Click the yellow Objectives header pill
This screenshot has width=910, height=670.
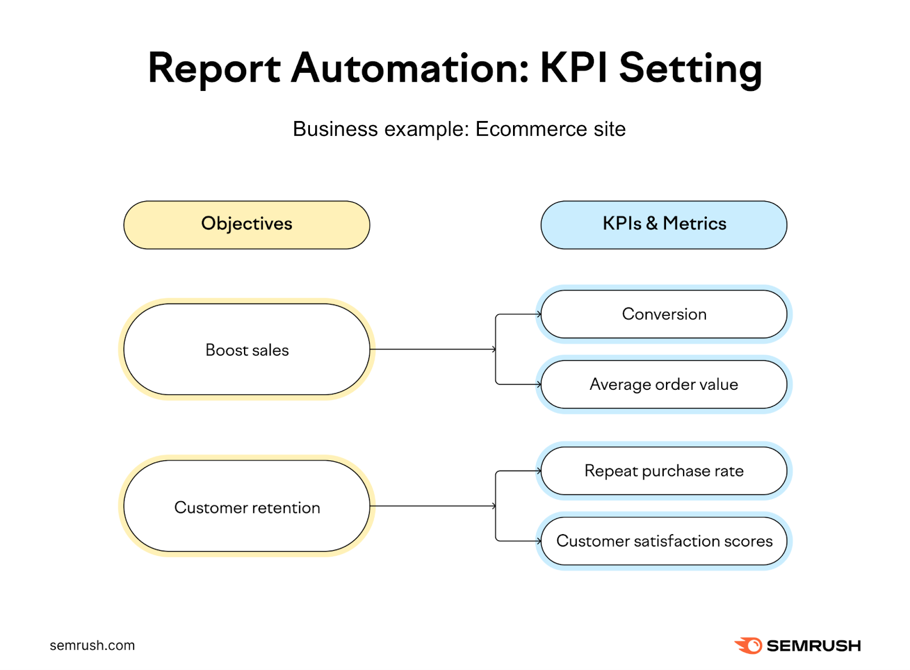246,224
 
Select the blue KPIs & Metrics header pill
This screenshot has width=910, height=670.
664,224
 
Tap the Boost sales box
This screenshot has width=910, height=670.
246,349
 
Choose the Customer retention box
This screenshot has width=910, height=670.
246,506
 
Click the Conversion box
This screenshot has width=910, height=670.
664,314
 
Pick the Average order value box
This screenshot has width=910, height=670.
664,384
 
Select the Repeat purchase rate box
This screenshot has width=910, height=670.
664,471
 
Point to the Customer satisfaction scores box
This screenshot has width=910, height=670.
664,541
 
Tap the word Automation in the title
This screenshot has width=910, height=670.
410,68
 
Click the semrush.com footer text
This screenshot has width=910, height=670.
92,646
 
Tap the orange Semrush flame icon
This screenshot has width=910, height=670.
748,646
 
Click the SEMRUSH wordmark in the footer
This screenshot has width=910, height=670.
813,646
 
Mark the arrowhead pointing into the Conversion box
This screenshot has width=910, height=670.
539,314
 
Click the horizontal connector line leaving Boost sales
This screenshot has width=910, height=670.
432,349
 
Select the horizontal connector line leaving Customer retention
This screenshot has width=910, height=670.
432,506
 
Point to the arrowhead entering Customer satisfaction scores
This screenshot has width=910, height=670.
539,541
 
